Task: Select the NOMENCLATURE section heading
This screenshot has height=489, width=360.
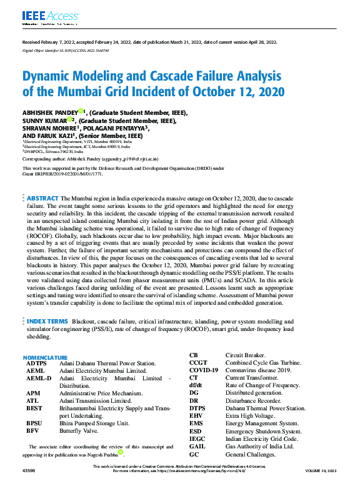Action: click(50, 357)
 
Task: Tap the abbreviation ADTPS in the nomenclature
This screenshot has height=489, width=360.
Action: click(36, 363)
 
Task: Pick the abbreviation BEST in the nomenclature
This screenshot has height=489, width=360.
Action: click(34, 408)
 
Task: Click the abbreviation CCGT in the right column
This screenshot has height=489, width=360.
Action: click(198, 363)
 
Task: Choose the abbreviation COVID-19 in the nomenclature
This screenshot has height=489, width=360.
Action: click(204, 370)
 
